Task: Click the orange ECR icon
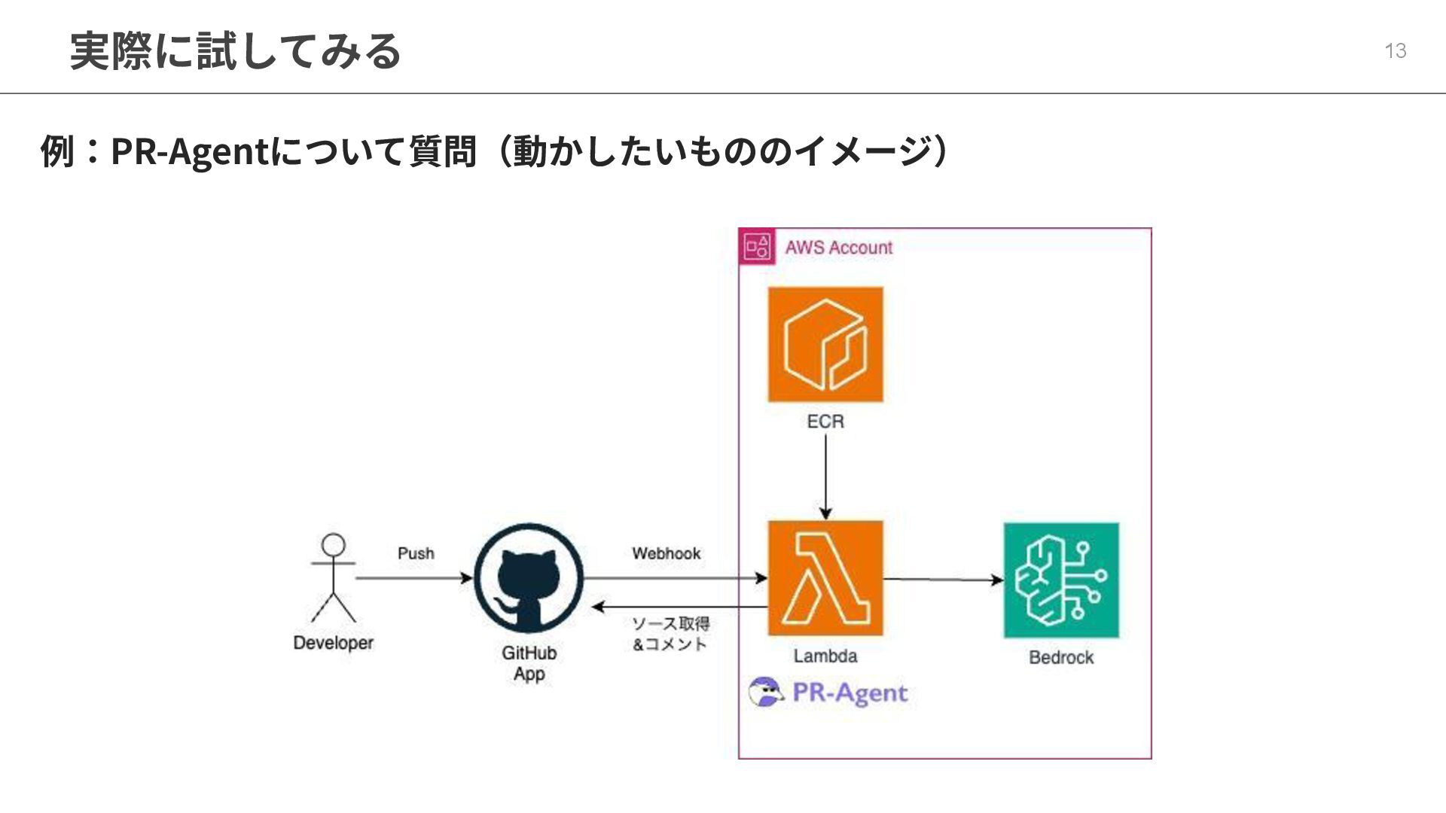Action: pos(825,344)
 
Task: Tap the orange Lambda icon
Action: pos(825,578)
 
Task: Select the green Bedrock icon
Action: pos(1061,580)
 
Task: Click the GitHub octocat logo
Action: pos(529,579)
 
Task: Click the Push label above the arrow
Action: pos(416,553)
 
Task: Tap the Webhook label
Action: pos(667,553)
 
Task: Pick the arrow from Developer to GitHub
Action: pos(413,578)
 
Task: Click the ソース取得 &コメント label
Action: pos(670,634)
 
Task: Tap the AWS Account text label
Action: pos(838,248)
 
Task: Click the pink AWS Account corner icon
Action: pos(757,247)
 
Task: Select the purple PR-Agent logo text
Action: pos(850,693)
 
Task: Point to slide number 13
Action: pos(1395,50)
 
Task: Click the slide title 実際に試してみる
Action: pos(235,51)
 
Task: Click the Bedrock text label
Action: pos(1061,657)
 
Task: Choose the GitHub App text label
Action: pos(529,663)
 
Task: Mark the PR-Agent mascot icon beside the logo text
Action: pos(766,692)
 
